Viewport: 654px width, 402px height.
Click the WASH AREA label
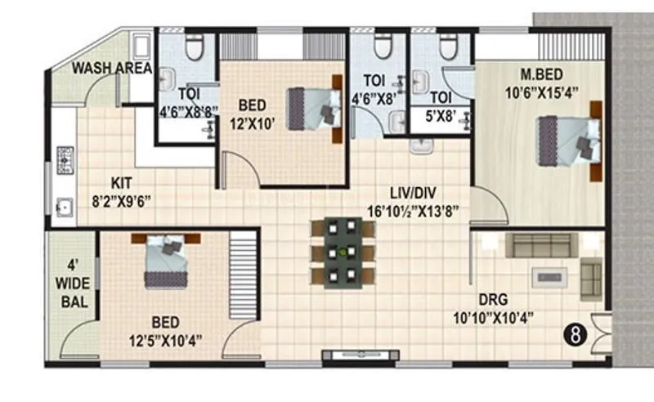coord(111,68)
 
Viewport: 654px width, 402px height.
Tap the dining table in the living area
coord(343,252)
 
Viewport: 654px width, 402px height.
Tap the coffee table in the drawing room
coord(549,276)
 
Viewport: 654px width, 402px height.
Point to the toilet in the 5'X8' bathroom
coord(447,48)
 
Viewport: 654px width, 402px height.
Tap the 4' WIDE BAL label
coord(71,283)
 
